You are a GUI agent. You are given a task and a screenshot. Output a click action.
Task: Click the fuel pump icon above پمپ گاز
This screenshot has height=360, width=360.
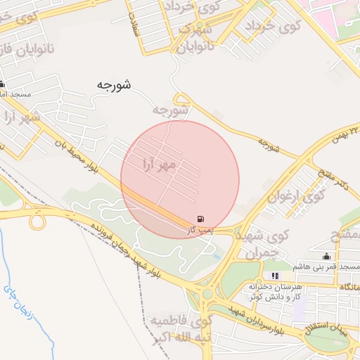coord(202,219)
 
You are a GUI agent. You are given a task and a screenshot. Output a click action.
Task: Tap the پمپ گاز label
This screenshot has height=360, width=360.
coord(200,229)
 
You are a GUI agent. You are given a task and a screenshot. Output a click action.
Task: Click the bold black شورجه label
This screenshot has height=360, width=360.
coord(114,84)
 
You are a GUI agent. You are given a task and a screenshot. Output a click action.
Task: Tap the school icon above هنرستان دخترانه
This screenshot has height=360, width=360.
coord(275,276)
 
